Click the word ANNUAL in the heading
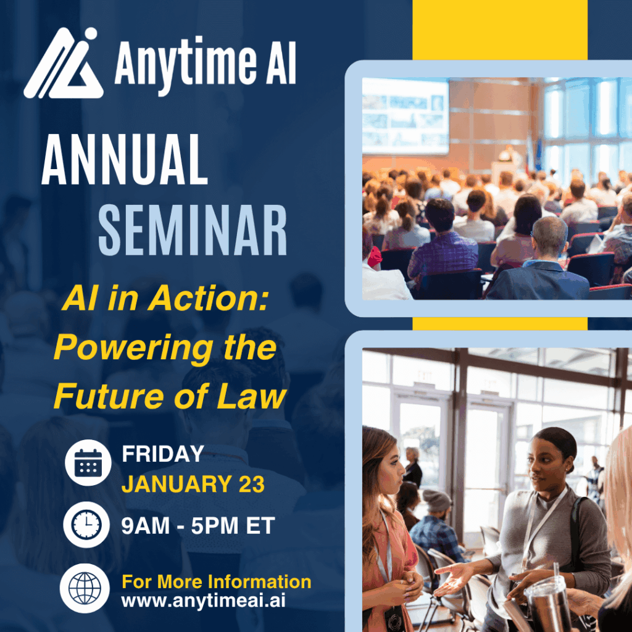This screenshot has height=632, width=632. [x=124, y=162]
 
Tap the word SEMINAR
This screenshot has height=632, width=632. [x=193, y=230]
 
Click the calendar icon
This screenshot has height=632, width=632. [x=88, y=462]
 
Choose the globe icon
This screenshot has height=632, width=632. [x=85, y=588]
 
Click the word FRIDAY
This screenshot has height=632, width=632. [x=162, y=454]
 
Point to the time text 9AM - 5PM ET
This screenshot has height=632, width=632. [x=197, y=526]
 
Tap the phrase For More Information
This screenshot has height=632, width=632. [x=216, y=581]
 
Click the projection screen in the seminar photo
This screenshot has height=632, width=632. [x=405, y=116]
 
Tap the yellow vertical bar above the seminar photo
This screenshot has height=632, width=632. [x=499, y=30]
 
